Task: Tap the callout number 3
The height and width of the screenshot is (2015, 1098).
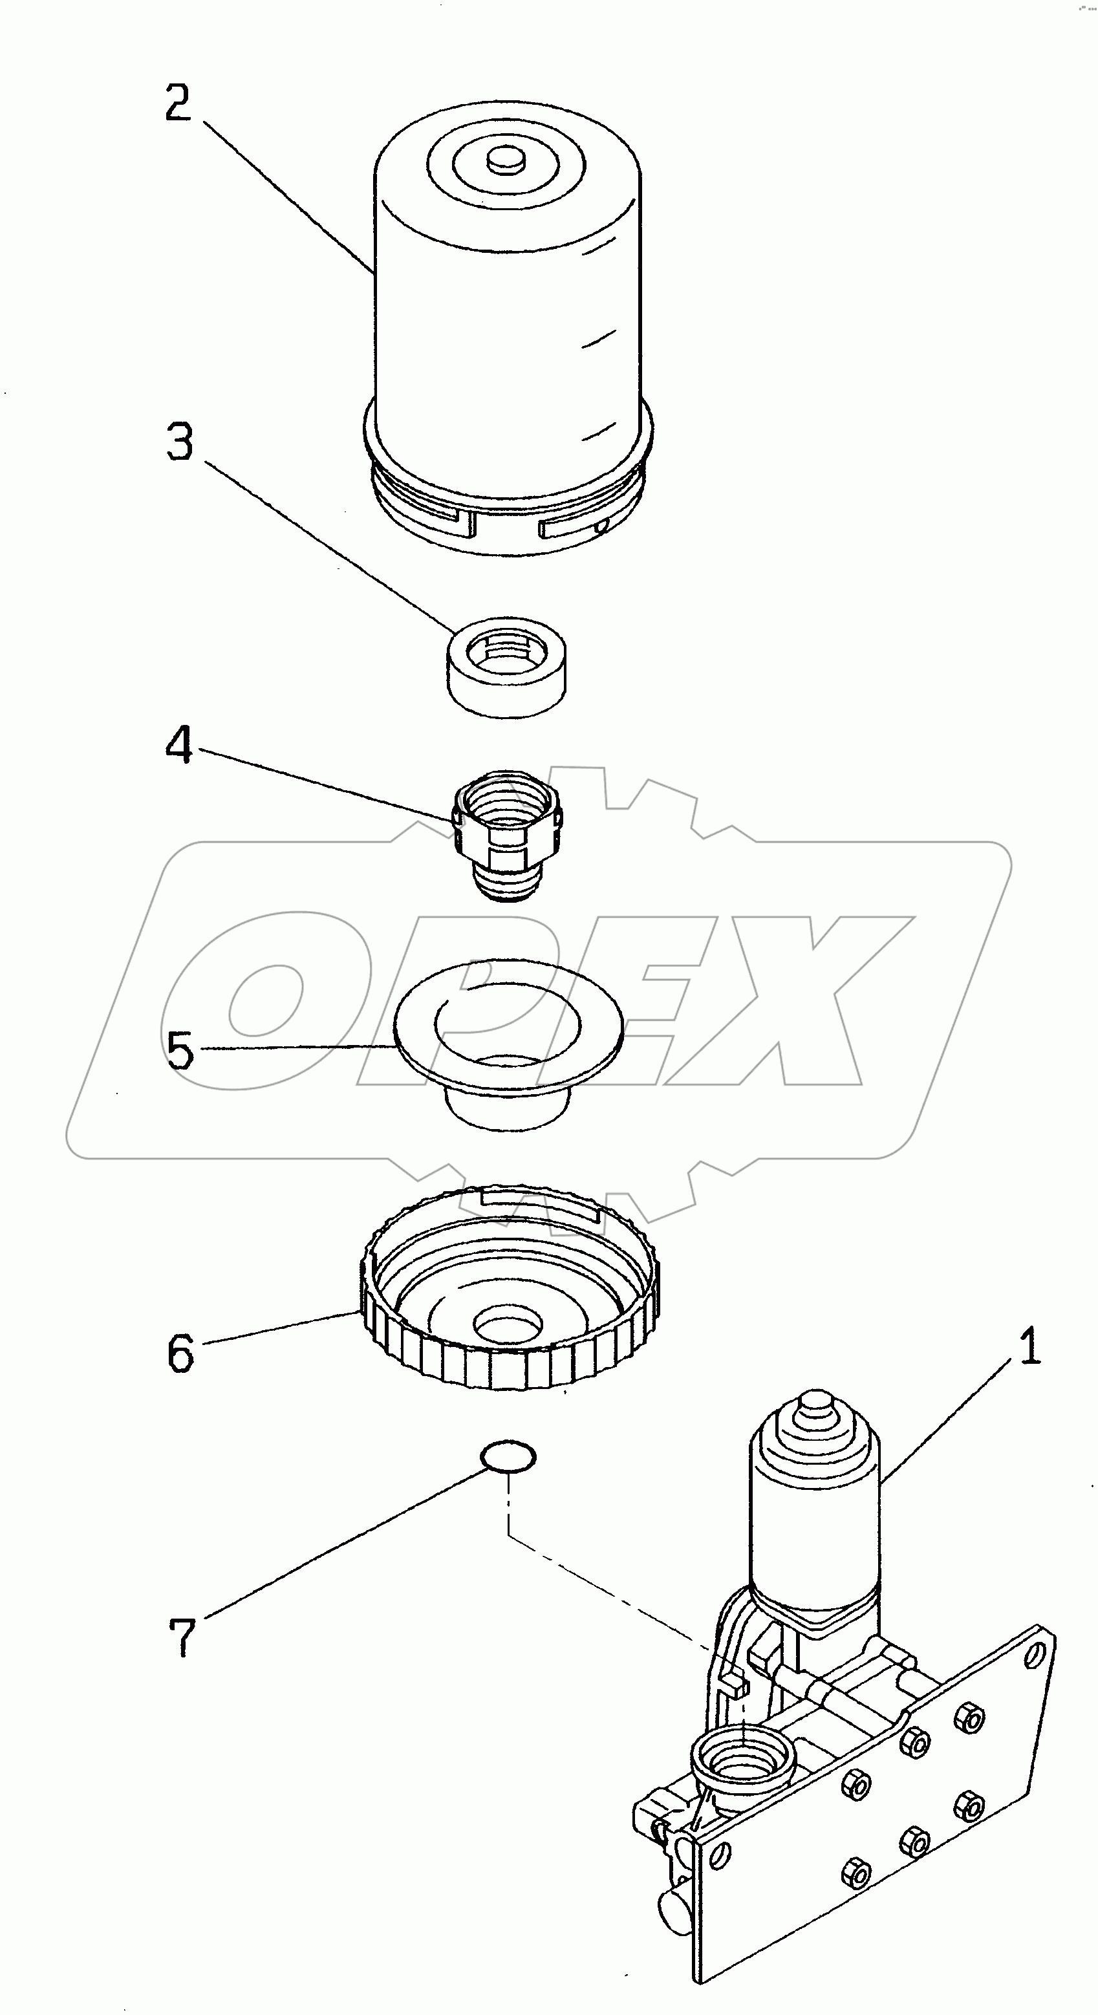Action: click(179, 442)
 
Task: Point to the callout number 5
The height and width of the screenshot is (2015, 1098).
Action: click(180, 1051)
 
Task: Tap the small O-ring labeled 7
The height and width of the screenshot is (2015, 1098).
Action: click(508, 1456)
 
